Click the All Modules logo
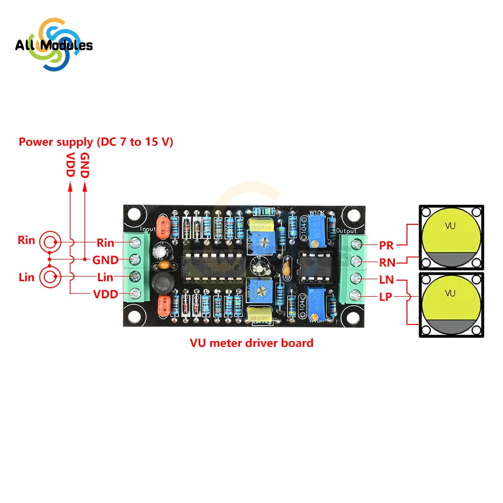click(53, 45)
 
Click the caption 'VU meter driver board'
click(251, 343)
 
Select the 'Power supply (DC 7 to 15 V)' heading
click(96, 142)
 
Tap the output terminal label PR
click(387, 245)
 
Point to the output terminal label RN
click(387, 262)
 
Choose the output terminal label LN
click(387, 280)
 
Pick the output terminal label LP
click(386, 297)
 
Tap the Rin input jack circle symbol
click(49, 242)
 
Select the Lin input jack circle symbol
click(49, 277)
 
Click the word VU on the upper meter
click(450, 226)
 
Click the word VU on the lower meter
click(450, 292)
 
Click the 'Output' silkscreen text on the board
click(346, 231)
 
